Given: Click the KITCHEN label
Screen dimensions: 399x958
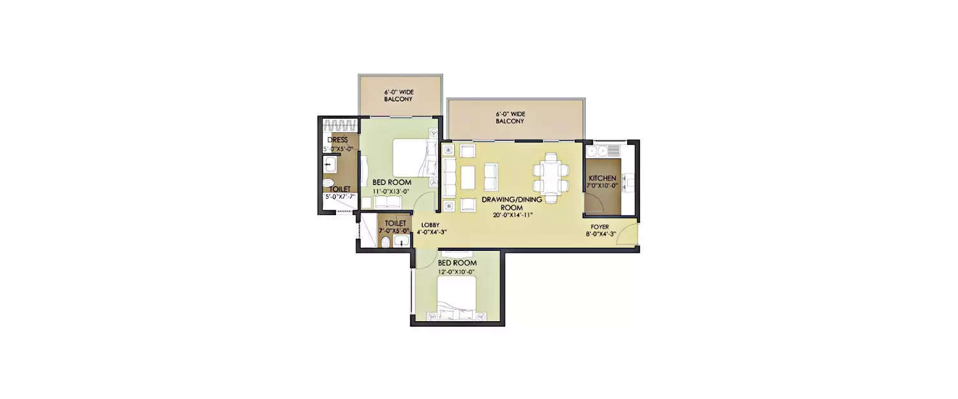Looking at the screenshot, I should [602, 178].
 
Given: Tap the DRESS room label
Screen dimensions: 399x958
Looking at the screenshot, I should [337, 140].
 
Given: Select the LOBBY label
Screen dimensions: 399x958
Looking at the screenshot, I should [430, 225].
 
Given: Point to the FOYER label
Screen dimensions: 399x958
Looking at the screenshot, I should [599, 226].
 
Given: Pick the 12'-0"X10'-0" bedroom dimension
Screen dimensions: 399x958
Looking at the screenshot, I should [457, 271].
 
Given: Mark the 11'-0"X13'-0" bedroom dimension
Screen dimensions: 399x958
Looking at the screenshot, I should [391, 191].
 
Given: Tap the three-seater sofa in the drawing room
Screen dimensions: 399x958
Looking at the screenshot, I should [448, 177].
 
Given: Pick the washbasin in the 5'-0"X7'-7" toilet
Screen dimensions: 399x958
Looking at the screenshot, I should [330, 165].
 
